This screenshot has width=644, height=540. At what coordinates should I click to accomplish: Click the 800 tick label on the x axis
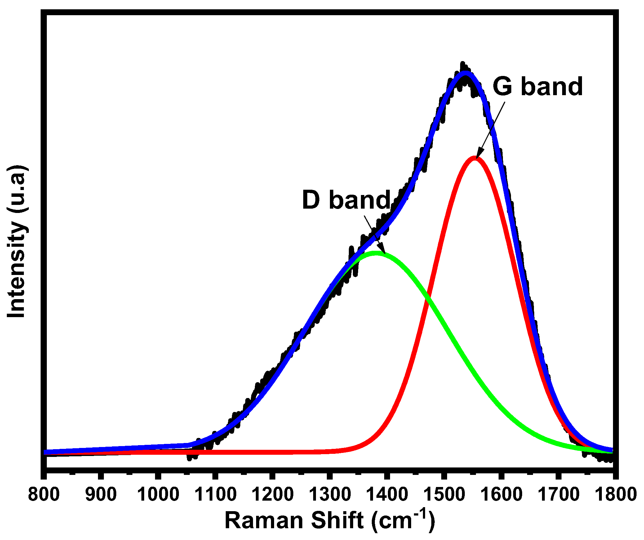[44, 494]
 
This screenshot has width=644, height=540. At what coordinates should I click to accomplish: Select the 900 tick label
[101, 494]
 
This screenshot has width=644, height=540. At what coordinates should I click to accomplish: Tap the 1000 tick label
[158, 494]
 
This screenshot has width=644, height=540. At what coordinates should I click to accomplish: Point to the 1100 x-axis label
[215, 494]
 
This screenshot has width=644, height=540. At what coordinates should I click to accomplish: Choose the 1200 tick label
[273, 494]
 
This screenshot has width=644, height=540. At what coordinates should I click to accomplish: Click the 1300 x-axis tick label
[330, 494]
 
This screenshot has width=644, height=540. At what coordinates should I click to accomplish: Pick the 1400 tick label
[387, 494]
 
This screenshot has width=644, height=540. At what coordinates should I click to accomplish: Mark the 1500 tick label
[444, 494]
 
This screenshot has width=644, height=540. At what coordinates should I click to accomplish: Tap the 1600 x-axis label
[501, 494]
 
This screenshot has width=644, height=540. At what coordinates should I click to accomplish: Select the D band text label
[346, 200]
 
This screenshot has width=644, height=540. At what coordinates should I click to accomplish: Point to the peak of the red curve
[475, 158]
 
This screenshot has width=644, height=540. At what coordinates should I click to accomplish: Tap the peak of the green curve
[376, 253]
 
